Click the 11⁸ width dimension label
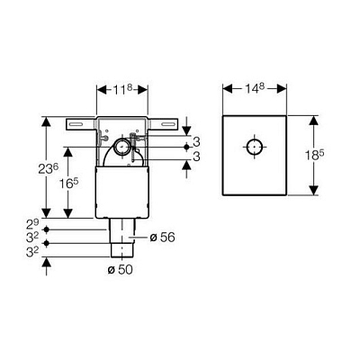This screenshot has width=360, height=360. [x=122, y=89]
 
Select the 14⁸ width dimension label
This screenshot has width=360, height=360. [x=255, y=88]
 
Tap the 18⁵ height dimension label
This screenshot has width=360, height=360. [x=315, y=155]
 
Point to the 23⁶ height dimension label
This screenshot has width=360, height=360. [x=48, y=169]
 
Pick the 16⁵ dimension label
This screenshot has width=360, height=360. [x=68, y=184]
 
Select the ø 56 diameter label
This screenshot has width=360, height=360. [x=162, y=238]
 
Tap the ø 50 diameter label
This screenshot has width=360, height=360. [x=120, y=270]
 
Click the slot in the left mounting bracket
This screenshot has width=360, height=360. [x=76, y=124]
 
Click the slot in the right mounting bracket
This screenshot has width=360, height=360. [x=168, y=124]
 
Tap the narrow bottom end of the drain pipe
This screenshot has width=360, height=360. [x=121, y=250]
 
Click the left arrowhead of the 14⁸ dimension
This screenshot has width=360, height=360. [x=228, y=88]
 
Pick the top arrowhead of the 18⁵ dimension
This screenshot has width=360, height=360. [x=313, y=121]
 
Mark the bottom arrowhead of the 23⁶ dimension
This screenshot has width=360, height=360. [x=46, y=212]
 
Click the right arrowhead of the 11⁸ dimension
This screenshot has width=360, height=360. [x=143, y=89]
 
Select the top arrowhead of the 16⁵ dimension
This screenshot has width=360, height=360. [x=68, y=152]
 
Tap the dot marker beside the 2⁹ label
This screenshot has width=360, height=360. [x=46, y=229]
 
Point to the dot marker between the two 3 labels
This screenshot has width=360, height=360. [x=186, y=147]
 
